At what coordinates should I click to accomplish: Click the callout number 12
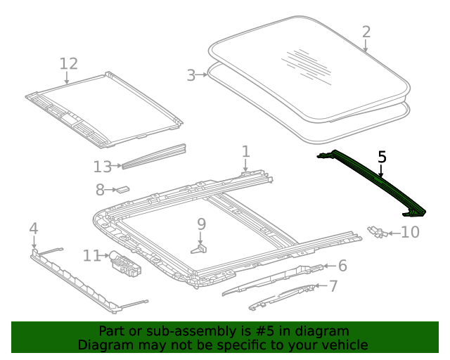click(x=68, y=64)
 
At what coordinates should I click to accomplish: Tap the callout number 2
click(x=366, y=32)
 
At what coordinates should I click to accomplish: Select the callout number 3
click(x=191, y=75)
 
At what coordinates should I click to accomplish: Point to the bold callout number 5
click(x=382, y=157)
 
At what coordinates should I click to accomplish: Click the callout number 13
click(x=102, y=167)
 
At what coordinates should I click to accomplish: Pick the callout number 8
click(x=100, y=189)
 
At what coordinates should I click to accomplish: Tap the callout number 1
click(x=245, y=151)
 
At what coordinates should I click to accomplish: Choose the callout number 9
click(x=202, y=224)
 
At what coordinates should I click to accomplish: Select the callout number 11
click(x=92, y=255)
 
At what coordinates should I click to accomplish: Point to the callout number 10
click(x=410, y=231)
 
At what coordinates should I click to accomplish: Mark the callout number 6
click(x=342, y=265)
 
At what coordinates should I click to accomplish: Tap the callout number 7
click(x=333, y=285)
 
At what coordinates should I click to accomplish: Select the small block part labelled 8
click(x=124, y=188)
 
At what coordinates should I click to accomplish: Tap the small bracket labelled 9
click(x=200, y=247)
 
